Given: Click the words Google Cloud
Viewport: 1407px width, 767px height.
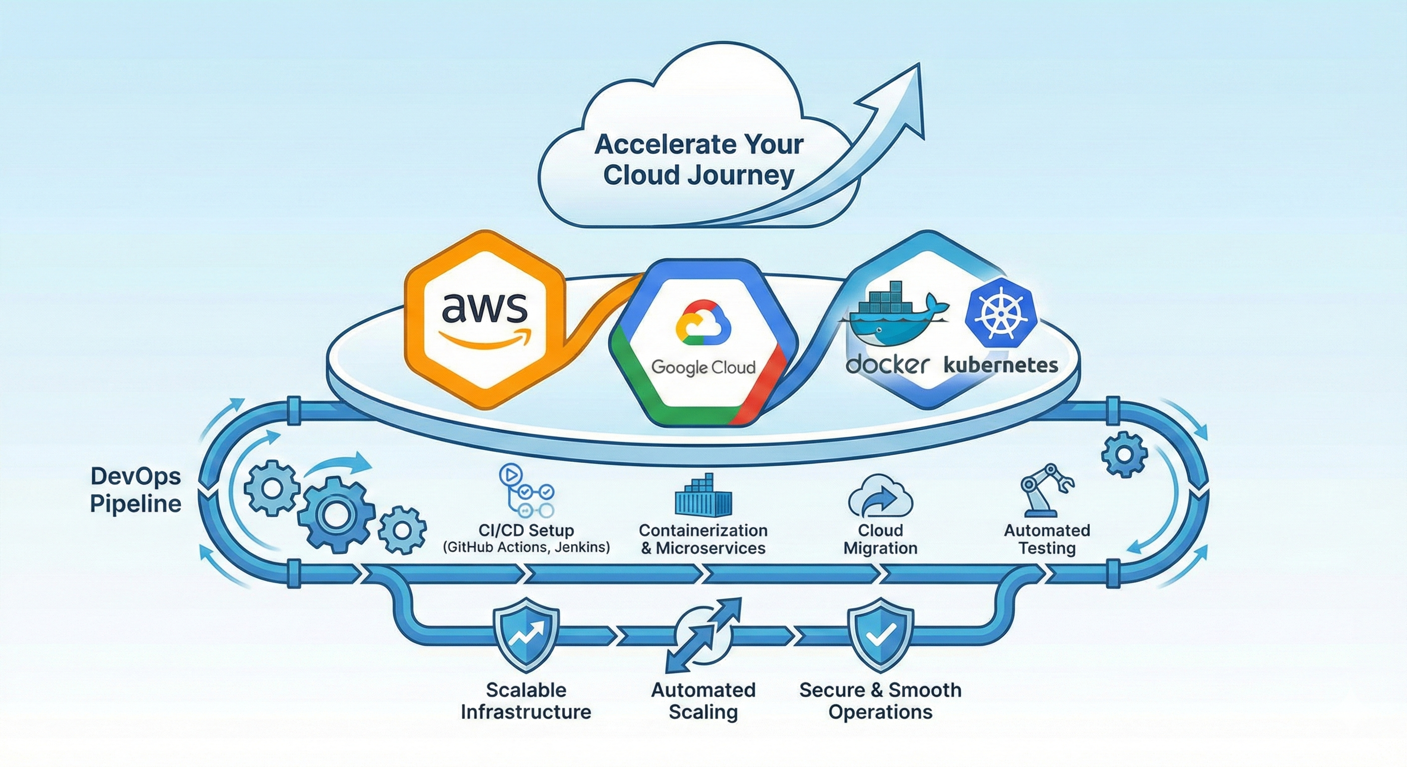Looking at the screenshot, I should [x=703, y=368].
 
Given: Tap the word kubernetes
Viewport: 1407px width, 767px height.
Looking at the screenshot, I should [x=1001, y=365].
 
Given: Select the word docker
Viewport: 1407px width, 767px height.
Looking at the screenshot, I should [x=886, y=365].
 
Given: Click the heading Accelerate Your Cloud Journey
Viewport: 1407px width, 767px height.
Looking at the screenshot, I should [x=699, y=160].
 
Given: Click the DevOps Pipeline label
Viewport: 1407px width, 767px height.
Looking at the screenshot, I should [x=135, y=490].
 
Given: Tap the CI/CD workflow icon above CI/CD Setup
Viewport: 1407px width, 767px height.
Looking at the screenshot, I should [x=526, y=491].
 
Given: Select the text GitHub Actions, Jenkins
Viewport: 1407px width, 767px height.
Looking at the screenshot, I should [x=526, y=547].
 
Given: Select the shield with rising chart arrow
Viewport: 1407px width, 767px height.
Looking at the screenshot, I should [x=526, y=634].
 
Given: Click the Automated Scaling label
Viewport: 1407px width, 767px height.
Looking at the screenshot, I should [x=703, y=701].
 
